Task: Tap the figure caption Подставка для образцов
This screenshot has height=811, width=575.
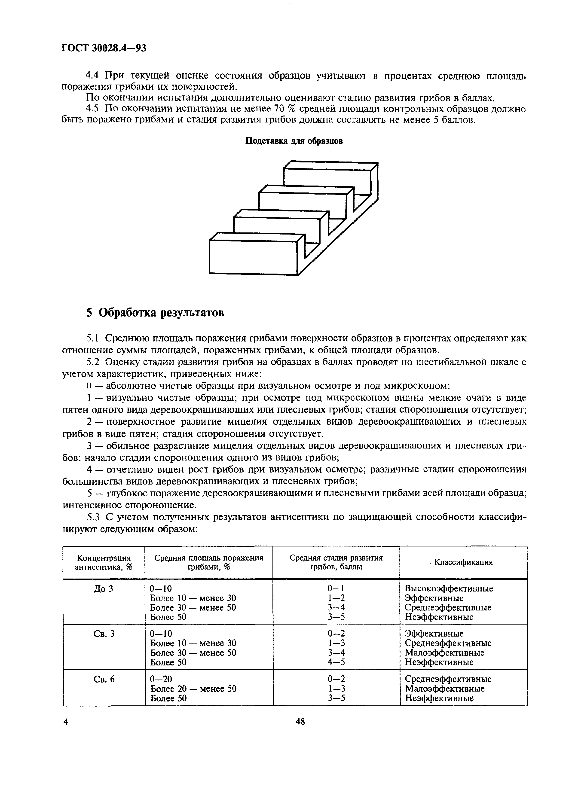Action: click(294, 141)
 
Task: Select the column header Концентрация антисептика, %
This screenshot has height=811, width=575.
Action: click(104, 562)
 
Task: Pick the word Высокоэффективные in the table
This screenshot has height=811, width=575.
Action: click(449, 588)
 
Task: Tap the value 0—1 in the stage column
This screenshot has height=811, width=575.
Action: click(336, 588)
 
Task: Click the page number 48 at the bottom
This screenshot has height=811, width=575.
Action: click(300, 721)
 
